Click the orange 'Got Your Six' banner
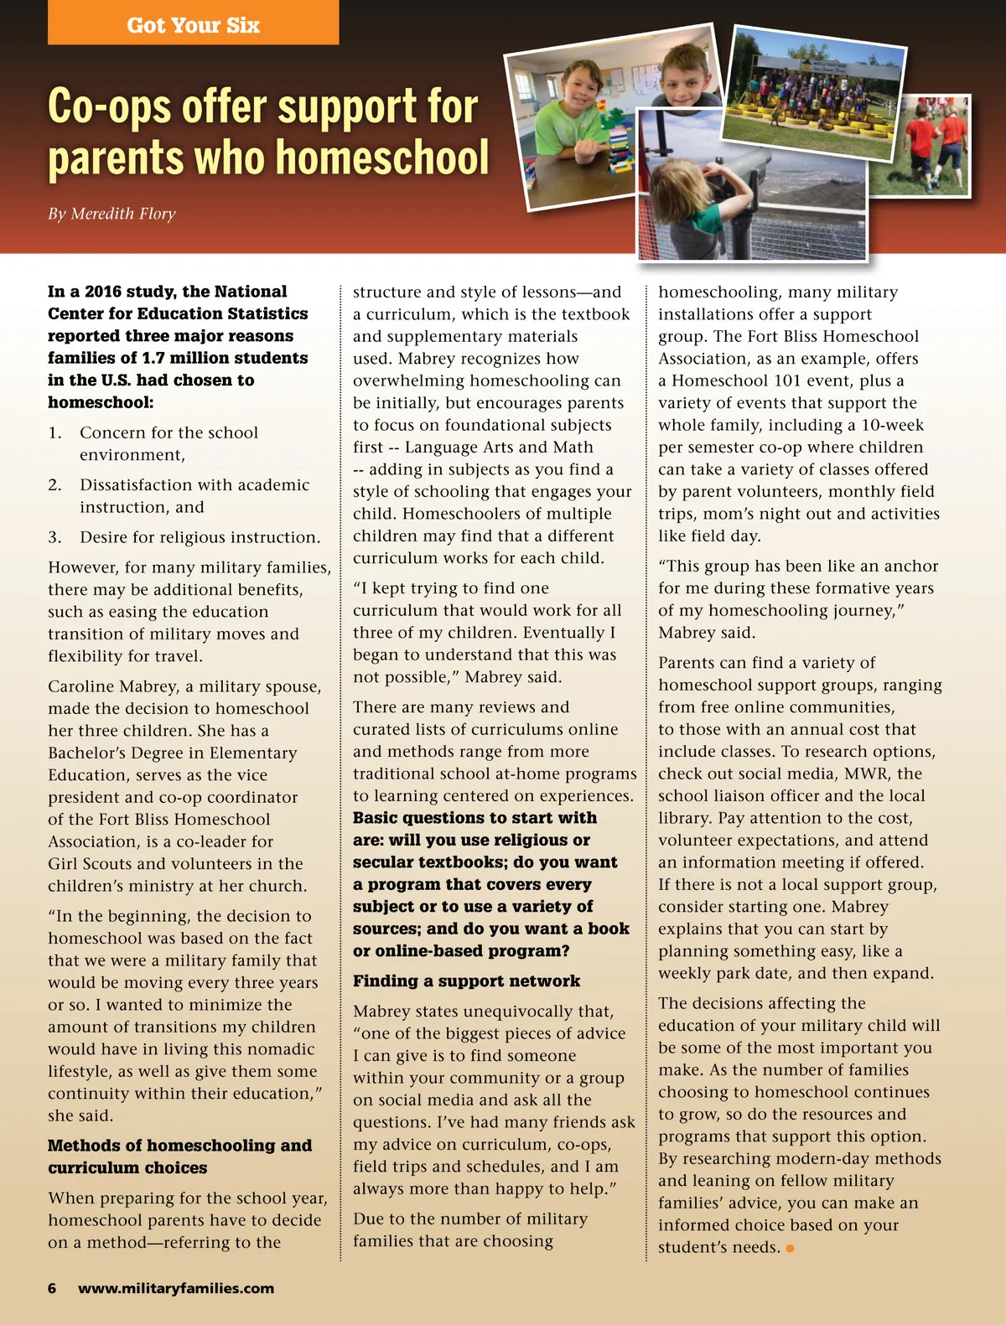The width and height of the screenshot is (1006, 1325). pyautogui.click(x=193, y=24)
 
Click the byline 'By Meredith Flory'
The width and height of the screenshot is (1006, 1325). pyautogui.click(x=111, y=214)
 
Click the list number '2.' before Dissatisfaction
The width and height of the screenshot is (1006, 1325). pyautogui.click(x=54, y=485)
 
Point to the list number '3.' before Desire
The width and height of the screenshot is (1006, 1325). pyautogui.click(x=54, y=537)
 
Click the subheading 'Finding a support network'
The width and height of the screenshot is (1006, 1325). pyautogui.click(x=466, y=981)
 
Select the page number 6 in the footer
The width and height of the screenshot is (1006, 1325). pyautogui.click(x=52, y=1288)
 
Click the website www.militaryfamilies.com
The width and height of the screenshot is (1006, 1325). pyautogui.click(x=176, y=1288)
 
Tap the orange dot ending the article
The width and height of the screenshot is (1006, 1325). pyautogui.click(x=790, y=1249)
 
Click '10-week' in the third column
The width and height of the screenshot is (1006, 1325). pyautogui.click(x=893, y=425)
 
